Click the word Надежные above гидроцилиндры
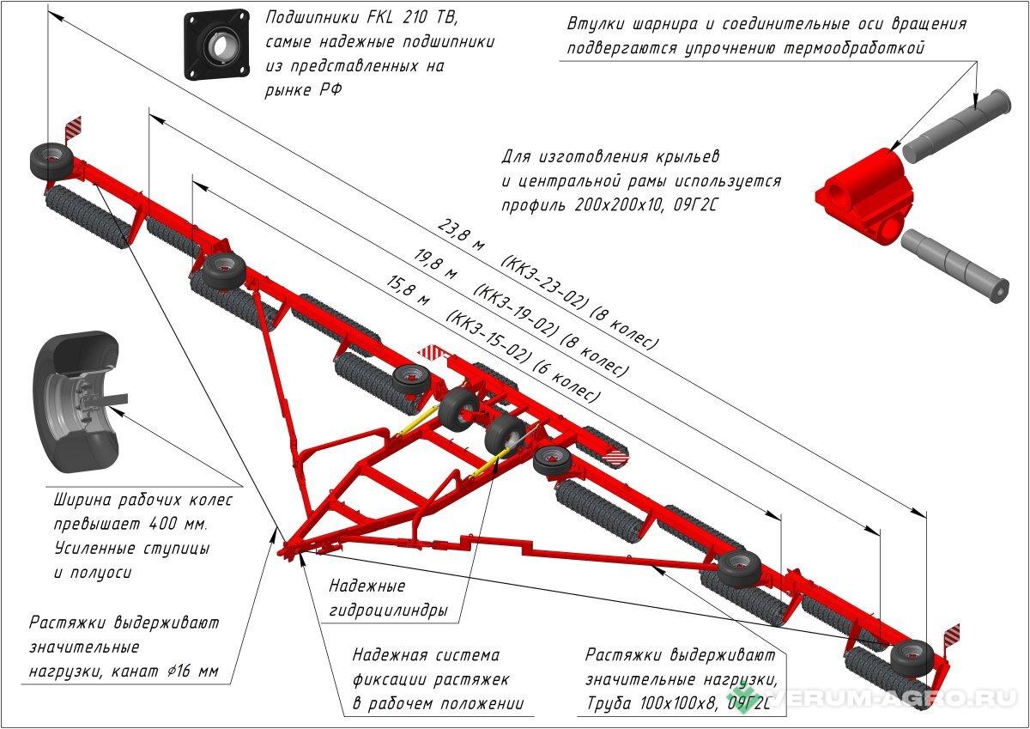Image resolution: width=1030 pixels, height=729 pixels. click(x=367, y=587)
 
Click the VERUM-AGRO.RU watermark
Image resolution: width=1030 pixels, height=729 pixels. click(x=875, y=698)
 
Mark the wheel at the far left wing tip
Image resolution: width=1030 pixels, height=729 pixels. click(x=49, y=161)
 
